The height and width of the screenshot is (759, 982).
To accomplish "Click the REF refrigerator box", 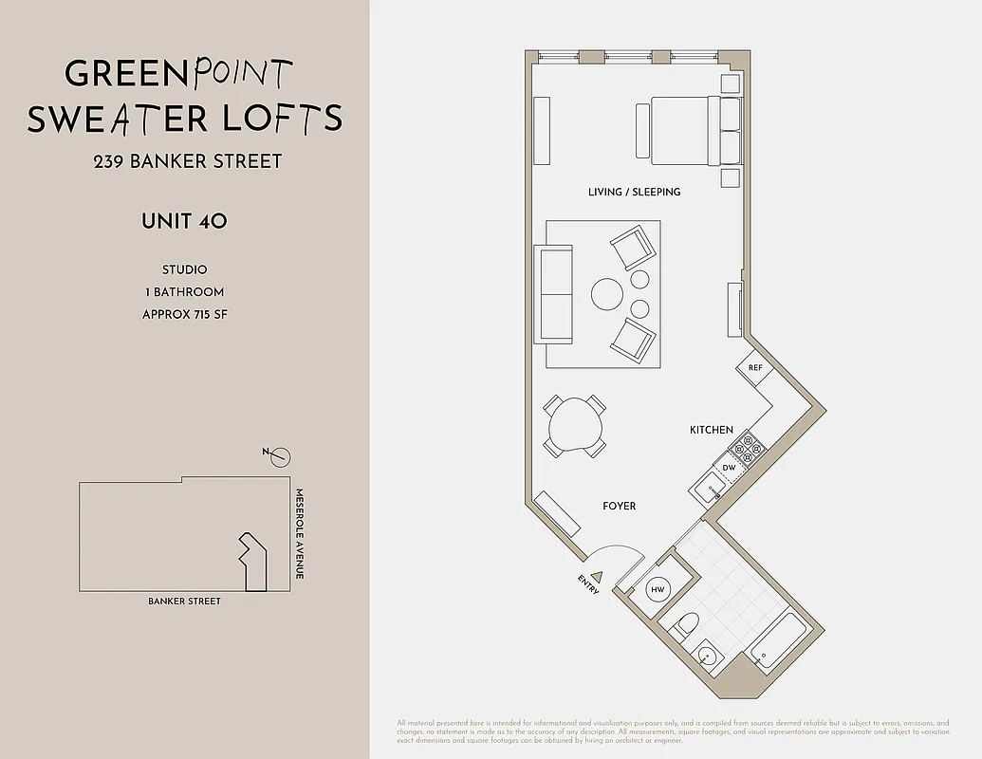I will coord(755,368).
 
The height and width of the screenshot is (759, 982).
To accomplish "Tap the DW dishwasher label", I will coord(729,468).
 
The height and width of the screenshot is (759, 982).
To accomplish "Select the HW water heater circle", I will coord(658,590).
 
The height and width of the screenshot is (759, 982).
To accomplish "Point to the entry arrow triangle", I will coord(597,575).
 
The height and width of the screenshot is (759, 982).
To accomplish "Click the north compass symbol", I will coord(279,457).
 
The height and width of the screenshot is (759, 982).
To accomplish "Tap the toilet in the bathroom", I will coord(688,624).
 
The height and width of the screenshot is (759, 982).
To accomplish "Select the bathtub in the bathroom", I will coord(778,638).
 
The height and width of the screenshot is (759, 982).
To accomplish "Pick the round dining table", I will coord(575,423).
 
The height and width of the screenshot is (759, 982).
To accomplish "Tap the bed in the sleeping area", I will coord(687,130).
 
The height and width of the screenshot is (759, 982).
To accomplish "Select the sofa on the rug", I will coord(554,293).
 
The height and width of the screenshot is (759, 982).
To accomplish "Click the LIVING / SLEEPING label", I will coord(634,192).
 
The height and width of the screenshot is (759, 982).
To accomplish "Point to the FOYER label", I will coord(619,506).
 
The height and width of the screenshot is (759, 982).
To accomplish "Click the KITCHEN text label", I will coord(711,430).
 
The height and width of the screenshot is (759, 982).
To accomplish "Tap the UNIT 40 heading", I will coord(184,222).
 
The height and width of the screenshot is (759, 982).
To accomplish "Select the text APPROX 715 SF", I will coord(184,314).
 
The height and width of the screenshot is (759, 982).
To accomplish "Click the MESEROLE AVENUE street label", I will coord(298,534).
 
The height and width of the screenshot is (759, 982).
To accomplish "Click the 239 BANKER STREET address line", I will coord(187,161).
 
